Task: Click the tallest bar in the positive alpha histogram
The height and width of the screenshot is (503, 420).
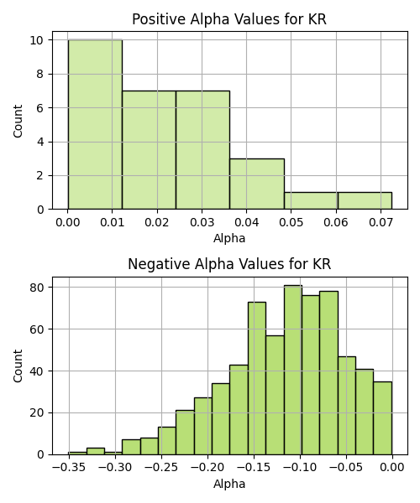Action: coord(95,124)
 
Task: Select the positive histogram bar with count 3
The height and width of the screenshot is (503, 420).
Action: coord(257,184)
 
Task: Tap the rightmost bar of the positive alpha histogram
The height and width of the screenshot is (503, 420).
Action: coord(365,201)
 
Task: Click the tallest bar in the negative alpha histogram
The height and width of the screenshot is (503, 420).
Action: coord(293,370)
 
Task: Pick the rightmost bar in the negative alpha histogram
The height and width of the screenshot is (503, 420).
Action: coord(383,418)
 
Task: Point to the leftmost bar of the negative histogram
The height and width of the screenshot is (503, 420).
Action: coord(77,454)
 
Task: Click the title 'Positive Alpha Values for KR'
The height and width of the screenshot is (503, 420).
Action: coord(229,19)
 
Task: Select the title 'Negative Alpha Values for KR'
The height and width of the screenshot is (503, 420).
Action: coord(229,264)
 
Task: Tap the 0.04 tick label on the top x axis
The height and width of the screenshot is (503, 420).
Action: coord(246,222)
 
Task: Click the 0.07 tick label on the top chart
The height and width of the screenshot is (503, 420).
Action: coord(381,222)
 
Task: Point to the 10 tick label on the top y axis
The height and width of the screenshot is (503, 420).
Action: coord(37,40)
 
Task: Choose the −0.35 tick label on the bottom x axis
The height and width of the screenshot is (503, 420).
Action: coord(69,468)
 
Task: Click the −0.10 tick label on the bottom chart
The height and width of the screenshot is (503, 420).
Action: coord(300,468)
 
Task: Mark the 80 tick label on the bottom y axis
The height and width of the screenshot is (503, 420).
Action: coord(37,288)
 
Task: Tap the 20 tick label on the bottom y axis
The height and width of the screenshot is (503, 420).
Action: coord(37,412)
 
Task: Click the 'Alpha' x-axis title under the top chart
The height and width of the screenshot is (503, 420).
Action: coord(229,238)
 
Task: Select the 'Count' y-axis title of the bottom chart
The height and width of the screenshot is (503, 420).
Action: coord(18,366)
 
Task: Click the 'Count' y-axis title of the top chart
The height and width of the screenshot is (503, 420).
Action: coord(18,121)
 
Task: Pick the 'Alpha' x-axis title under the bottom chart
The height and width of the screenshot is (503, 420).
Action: coord(229,484)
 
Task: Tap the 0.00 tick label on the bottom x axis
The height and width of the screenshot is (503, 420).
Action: coord(392,468)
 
